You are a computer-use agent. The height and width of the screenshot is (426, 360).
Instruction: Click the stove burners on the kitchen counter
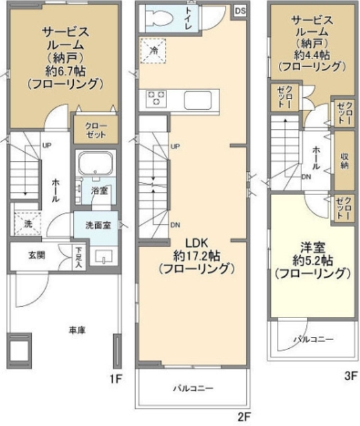pos(157,99)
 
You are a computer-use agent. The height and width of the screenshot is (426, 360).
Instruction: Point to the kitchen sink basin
pos(198,101)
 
